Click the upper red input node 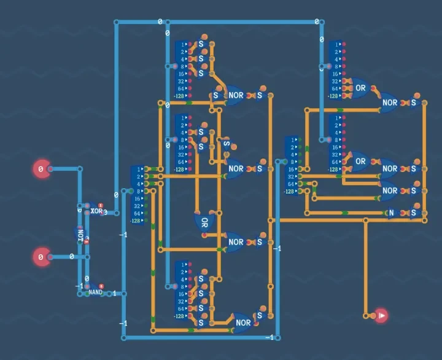41,169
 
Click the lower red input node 41,257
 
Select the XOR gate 96,211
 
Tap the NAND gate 95,292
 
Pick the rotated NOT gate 80,233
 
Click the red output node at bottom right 381,316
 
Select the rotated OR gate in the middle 203,222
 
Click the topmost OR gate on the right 360,88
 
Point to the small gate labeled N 391,213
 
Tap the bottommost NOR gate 243,323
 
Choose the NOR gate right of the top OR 390,103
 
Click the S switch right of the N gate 413,213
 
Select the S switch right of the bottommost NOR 260,316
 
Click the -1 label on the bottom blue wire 269,337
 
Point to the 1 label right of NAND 114,293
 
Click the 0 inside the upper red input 41,169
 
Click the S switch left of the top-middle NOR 216,95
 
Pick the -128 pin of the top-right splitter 333,96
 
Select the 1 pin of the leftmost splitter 139,169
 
